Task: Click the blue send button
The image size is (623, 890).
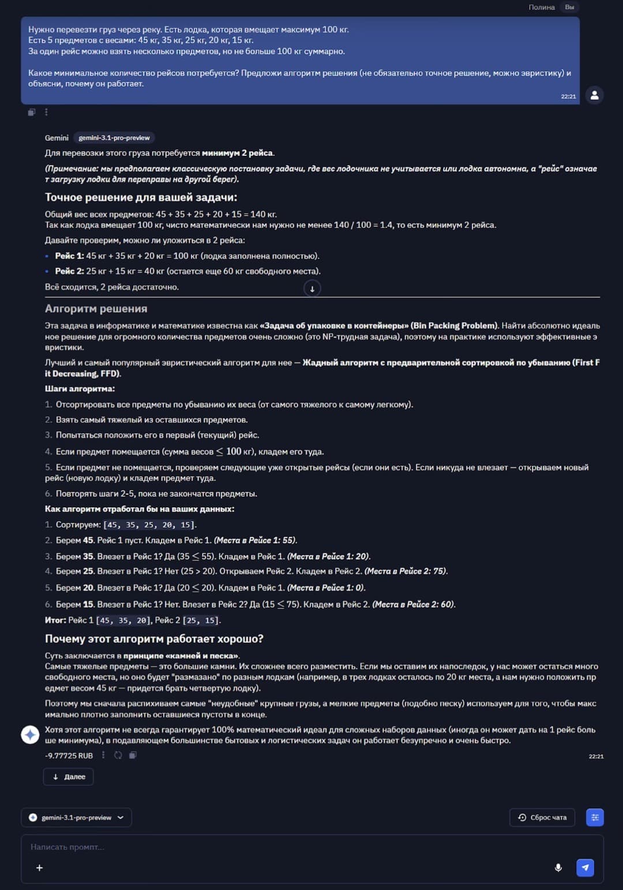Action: coord(585,867)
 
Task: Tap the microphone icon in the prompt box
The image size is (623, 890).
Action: coord(558,867)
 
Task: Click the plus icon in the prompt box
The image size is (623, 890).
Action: coord(39,867)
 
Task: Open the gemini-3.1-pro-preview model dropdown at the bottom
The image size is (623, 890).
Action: coord(76,817)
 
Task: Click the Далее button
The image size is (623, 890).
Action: coord(68,777)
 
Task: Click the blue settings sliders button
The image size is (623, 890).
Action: coord(595,817)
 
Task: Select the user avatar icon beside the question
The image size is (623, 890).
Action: coord(594,95)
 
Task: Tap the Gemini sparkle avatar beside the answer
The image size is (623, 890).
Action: coord(30,735)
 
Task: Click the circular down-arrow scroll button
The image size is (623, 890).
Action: coord(312,289)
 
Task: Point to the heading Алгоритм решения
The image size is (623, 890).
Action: coord(96,309)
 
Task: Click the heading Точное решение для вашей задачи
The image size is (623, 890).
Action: coord(141,197)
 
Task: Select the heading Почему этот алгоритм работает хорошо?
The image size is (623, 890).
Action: coord(154,639)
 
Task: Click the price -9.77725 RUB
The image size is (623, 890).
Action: coord(69,756)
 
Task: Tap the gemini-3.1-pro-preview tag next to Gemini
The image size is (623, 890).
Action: coord(114,138)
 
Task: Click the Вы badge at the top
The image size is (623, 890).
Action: coord(569,7)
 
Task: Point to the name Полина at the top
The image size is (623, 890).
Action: coord(541,7)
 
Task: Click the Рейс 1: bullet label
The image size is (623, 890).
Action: coord(69,256)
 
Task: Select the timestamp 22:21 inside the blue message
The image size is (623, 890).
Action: coord(568,96)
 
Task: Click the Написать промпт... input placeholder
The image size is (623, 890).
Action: coord(67,847)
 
